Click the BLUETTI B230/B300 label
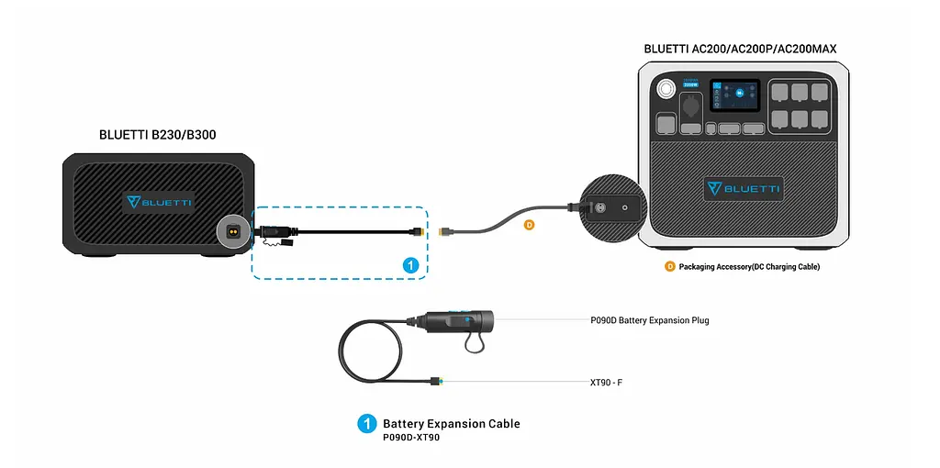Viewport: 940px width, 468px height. tap(157, 135)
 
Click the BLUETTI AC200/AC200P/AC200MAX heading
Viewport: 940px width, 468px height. tap(740, 49)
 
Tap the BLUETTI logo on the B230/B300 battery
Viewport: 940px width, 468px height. tap(160, 201)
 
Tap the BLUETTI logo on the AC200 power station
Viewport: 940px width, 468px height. tap(744, 189)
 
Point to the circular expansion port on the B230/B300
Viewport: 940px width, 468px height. tap(234, 231)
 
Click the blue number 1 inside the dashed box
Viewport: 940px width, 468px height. tap(412, 264)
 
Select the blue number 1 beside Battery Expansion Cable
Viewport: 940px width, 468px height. tap(367, 423)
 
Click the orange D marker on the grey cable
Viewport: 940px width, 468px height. tap(528, 224)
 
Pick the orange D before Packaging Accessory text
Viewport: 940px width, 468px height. tap(670, 266)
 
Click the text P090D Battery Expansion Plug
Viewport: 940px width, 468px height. tap(649, 320)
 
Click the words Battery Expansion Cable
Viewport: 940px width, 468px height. tap(451, 423)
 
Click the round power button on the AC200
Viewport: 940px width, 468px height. tap(664, 89)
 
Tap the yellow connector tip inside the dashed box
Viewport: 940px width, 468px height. tap(419, 232)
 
